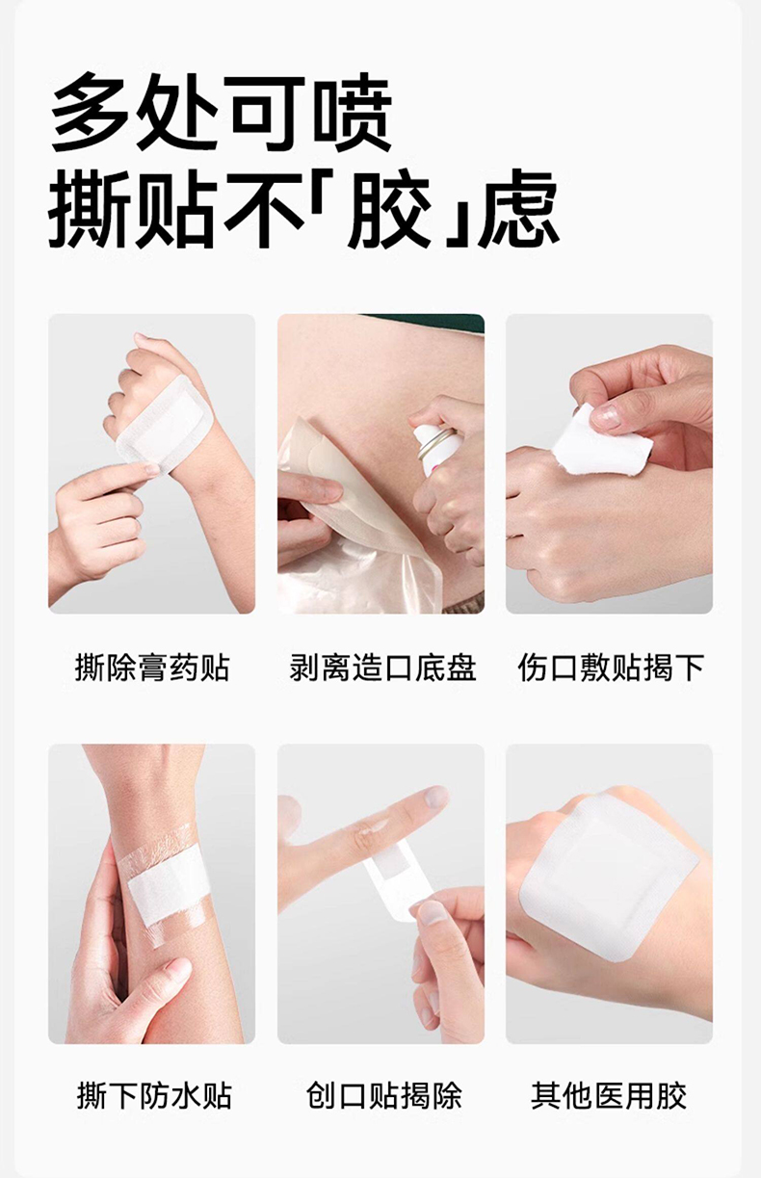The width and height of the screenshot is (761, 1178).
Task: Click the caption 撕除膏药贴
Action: point(152,668)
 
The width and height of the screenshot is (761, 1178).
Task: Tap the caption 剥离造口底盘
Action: point(382,668)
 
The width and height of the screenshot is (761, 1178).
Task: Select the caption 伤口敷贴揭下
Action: point(611,668)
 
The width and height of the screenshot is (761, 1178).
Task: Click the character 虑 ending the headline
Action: point(518,210)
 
